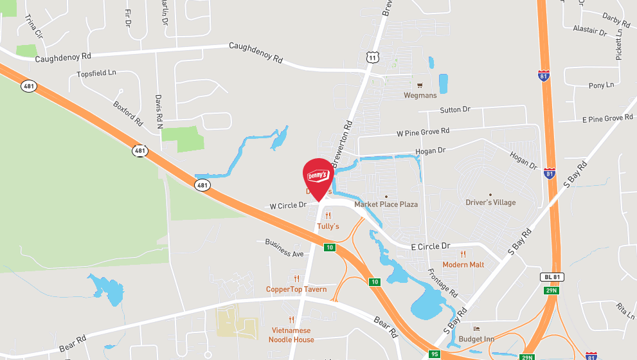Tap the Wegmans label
coord(420,95)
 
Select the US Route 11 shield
coord(373,58)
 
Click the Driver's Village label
coord(490,203)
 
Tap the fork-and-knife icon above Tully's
coord(328,216)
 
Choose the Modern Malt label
coord(463,264)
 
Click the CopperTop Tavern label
coord(296,289)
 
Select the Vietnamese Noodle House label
coord(291,335)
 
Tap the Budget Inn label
coord(476,339)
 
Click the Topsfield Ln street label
coord(96,74)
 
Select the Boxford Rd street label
coord(128,113)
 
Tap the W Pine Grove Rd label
coord(423,132)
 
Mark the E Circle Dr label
coord(431,246)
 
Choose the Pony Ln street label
coord(601,85)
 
